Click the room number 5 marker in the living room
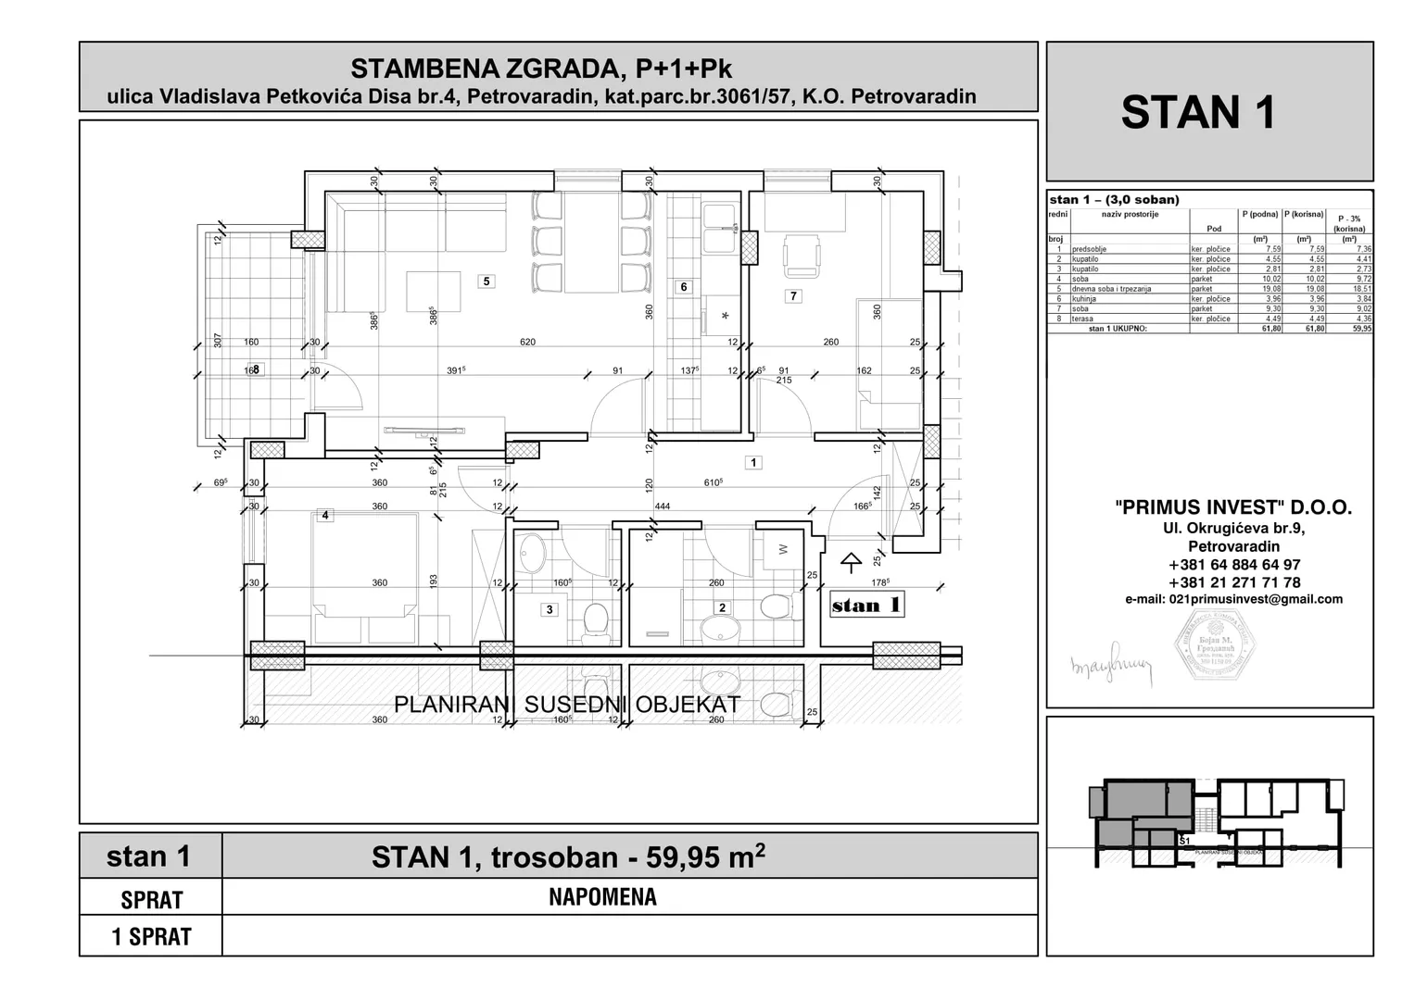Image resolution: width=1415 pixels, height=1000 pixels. tap(486, 281)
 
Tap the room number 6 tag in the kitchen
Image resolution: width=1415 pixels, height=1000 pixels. tap(684, 287)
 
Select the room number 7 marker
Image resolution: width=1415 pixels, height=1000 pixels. tap(792, 296)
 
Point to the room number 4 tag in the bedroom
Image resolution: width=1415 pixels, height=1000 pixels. tap(324, 516)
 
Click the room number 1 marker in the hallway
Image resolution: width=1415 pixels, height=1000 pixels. tap(753, 462)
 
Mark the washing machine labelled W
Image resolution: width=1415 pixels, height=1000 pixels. tap(781, 549)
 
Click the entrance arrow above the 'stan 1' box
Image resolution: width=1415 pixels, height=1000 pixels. tap(850, 562)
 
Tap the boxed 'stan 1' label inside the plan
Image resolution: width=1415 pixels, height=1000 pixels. tap(866, 606)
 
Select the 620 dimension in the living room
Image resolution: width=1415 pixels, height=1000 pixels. tap(527, 343)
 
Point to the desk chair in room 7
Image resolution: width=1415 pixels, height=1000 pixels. tap(802, 256)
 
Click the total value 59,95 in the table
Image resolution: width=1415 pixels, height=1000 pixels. tap(1360, 328)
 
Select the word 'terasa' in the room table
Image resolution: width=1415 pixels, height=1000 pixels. tap(1082, 319)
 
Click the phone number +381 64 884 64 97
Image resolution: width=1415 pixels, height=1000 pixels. tap(1233, 565)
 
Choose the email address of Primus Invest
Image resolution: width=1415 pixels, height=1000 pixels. tap(1233, 599)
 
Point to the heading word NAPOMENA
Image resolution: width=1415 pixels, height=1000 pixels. tap(602, 897)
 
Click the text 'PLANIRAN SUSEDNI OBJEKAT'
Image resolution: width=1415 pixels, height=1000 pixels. tap(567, 705)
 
